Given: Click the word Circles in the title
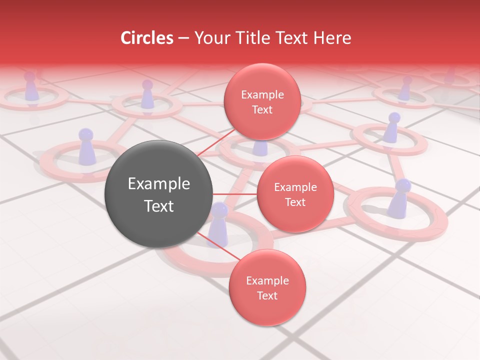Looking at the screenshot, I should [x=146, y=38].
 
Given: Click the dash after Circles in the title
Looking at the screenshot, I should [x=183, y=38].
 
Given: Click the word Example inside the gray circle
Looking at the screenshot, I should [x=159, y=184].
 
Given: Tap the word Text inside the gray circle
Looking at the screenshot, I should [x=159, y=206].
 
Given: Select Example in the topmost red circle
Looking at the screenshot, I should [x=262, y=95].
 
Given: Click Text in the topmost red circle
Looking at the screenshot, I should [x=262, y=110].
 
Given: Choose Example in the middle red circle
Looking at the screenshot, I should [x=295, y=187].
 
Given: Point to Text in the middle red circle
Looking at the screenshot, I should [x=295, y=202].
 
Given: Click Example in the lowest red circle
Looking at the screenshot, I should [x=267, y=281].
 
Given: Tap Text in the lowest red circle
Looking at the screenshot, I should [x=267, y=296].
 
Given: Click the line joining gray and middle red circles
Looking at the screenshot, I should [x=234, y=193].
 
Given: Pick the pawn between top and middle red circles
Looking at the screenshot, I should [x=260, y=148].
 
